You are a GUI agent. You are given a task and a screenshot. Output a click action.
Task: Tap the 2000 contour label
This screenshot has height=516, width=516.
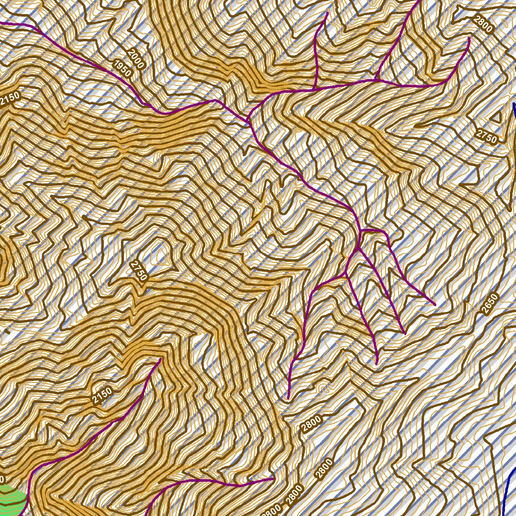[136, 58]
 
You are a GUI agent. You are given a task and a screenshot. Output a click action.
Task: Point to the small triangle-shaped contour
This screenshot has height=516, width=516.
[496, 117]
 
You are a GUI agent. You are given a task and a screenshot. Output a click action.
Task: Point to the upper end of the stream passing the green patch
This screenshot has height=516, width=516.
[160, 359]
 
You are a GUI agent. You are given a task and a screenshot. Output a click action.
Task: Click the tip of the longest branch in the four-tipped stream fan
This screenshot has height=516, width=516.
[288, 399]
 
